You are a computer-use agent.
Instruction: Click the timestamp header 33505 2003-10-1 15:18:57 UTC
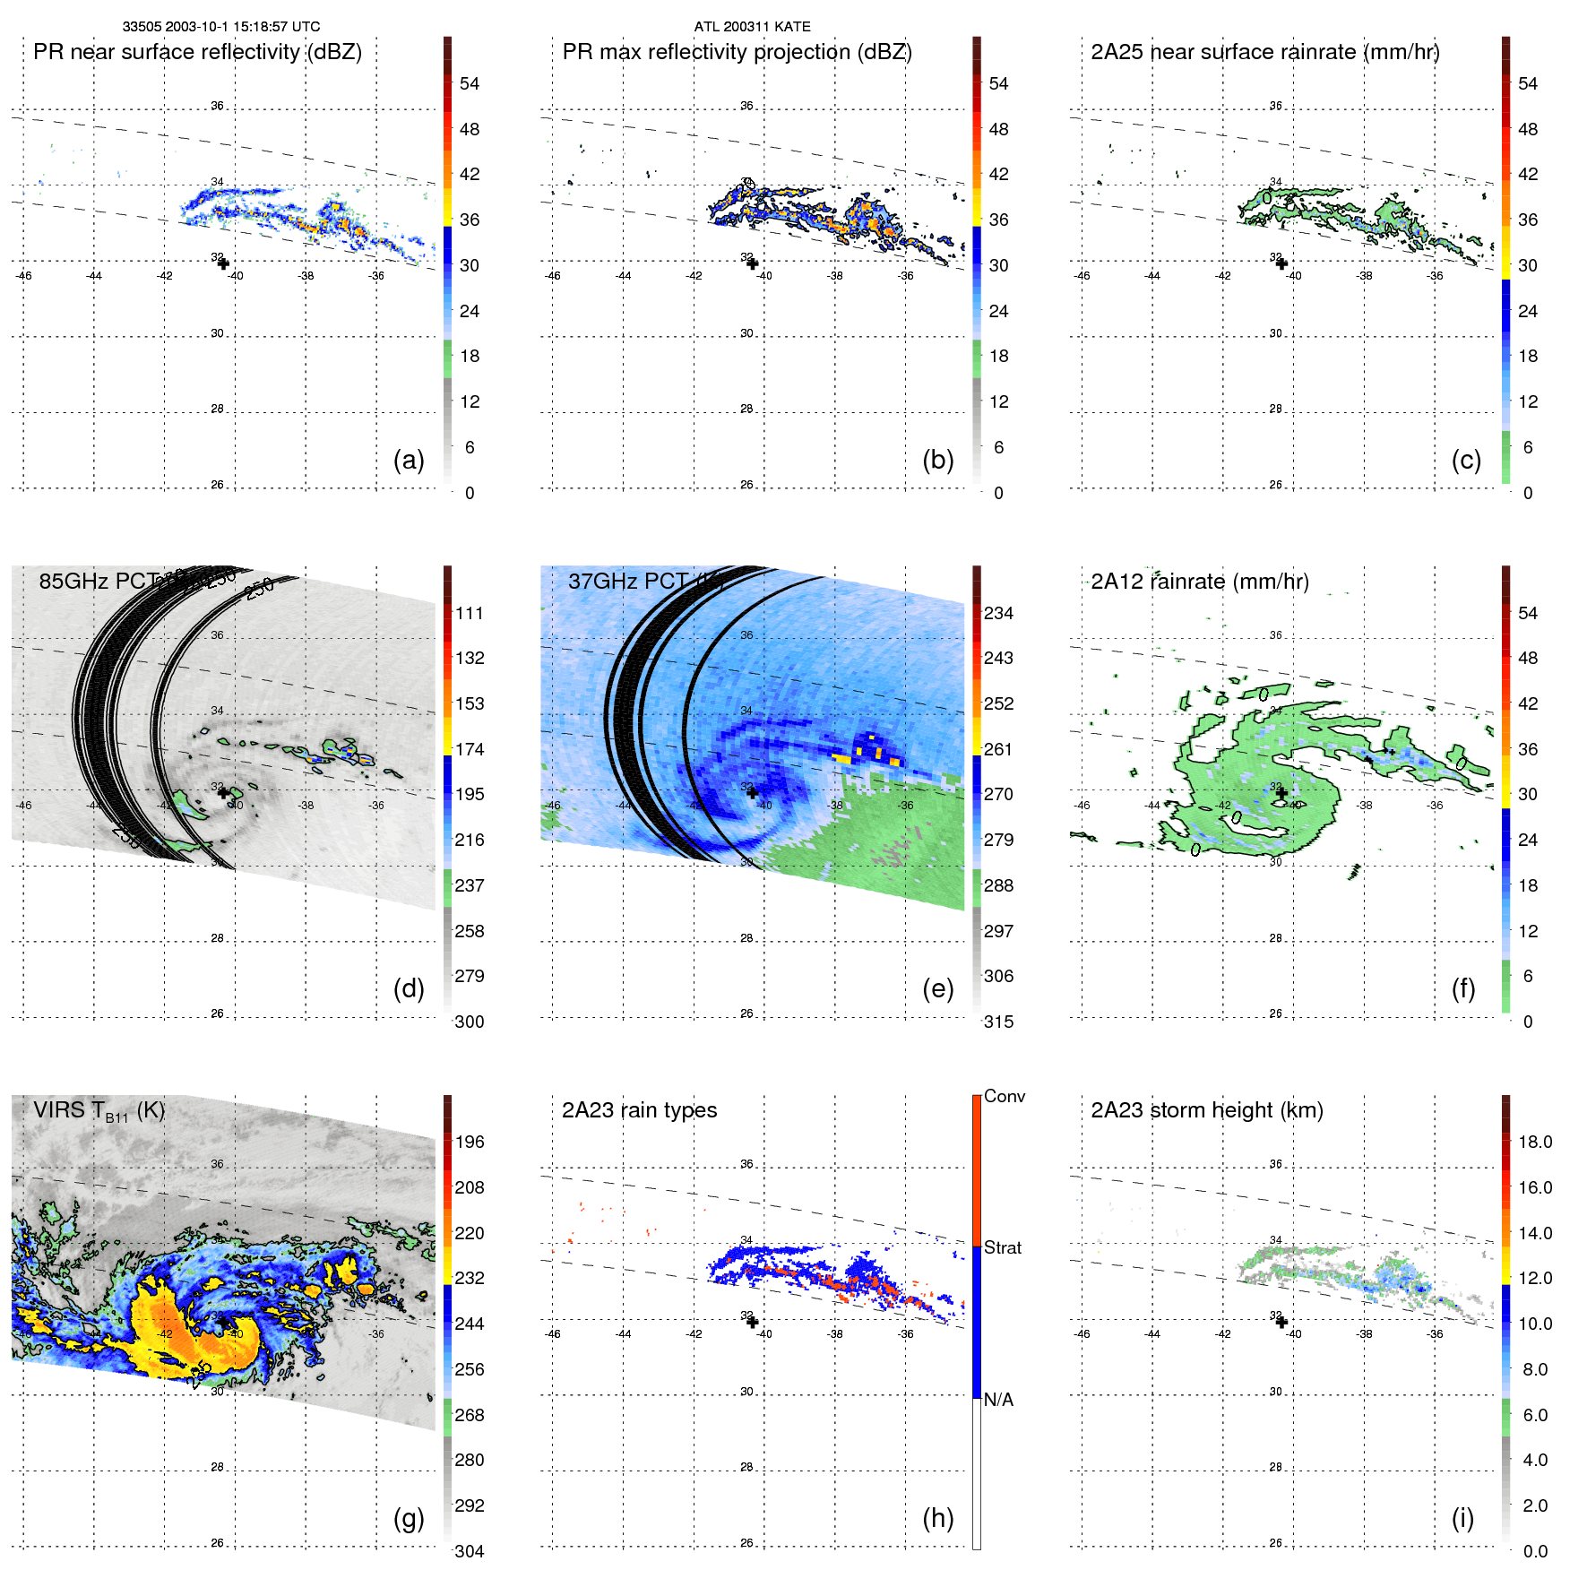[221, 27]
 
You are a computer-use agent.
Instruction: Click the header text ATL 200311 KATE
[752, 27]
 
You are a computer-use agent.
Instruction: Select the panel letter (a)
[409, 460]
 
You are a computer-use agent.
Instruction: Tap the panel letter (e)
[937, 988]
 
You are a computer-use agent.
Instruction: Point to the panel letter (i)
[1462, 1518]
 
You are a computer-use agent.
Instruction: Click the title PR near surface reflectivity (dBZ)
[197, 52]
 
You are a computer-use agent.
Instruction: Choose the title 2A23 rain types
[639, 1110]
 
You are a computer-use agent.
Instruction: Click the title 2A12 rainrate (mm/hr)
[1200, 582]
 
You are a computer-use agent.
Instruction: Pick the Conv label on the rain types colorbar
[1004, 1096]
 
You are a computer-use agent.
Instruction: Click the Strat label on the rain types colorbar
[1002, 1247]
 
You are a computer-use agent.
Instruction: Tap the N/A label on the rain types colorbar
[998, 1400]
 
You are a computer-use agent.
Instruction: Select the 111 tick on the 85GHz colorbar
[470, 613]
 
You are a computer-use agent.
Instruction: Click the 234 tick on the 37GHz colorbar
[998, 613]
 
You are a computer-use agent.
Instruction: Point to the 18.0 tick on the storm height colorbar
[1534, 1142]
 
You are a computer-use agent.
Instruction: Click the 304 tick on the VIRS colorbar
[470, 1551]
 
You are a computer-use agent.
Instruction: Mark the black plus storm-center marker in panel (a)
[223, 263]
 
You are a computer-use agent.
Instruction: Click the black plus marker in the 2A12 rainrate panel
[1281, 793]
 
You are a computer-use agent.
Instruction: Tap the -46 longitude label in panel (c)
[1082, 276]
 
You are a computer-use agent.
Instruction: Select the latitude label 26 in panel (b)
[746, 485]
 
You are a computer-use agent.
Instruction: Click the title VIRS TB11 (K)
[99, 1111]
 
